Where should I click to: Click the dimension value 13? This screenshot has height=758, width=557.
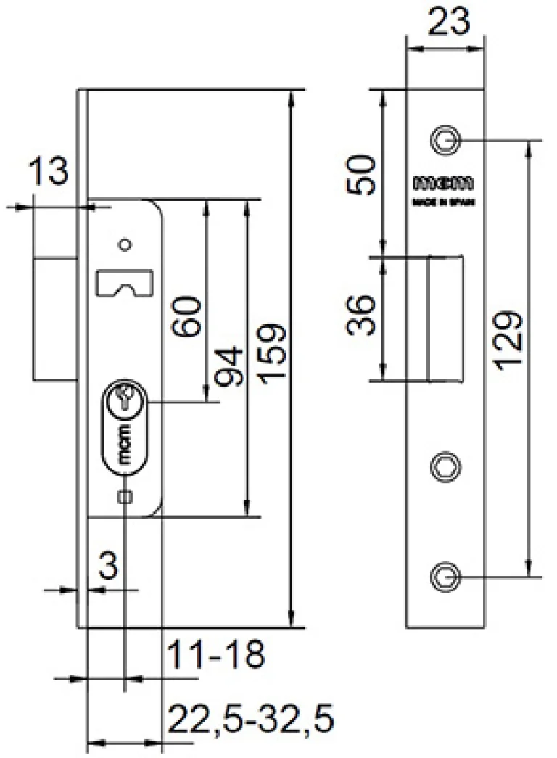pyautogui.click(x=49, y=173)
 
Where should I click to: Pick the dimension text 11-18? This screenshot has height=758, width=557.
pyautogui.click(x=215, y=656)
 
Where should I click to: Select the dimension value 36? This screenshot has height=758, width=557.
pyautogui.click(x=362, y=317)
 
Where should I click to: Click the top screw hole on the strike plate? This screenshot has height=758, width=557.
pyautogui.click(x=444, y=139)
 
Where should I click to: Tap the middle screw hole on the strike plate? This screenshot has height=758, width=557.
pyautogui.click(x=444, y=465)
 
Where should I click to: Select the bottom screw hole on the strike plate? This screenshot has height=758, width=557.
pyautogui.click(x=444, y=577)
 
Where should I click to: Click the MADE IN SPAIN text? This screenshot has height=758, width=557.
pyautogui.click(x=443, y=204)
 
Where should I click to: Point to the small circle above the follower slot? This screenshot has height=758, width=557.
pyautogui.click(x=126, y=244)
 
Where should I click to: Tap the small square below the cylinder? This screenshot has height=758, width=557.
pyautogui.click(x=125, y=496)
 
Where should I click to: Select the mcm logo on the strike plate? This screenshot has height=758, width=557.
pyautogui.click(x=443, y=182)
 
